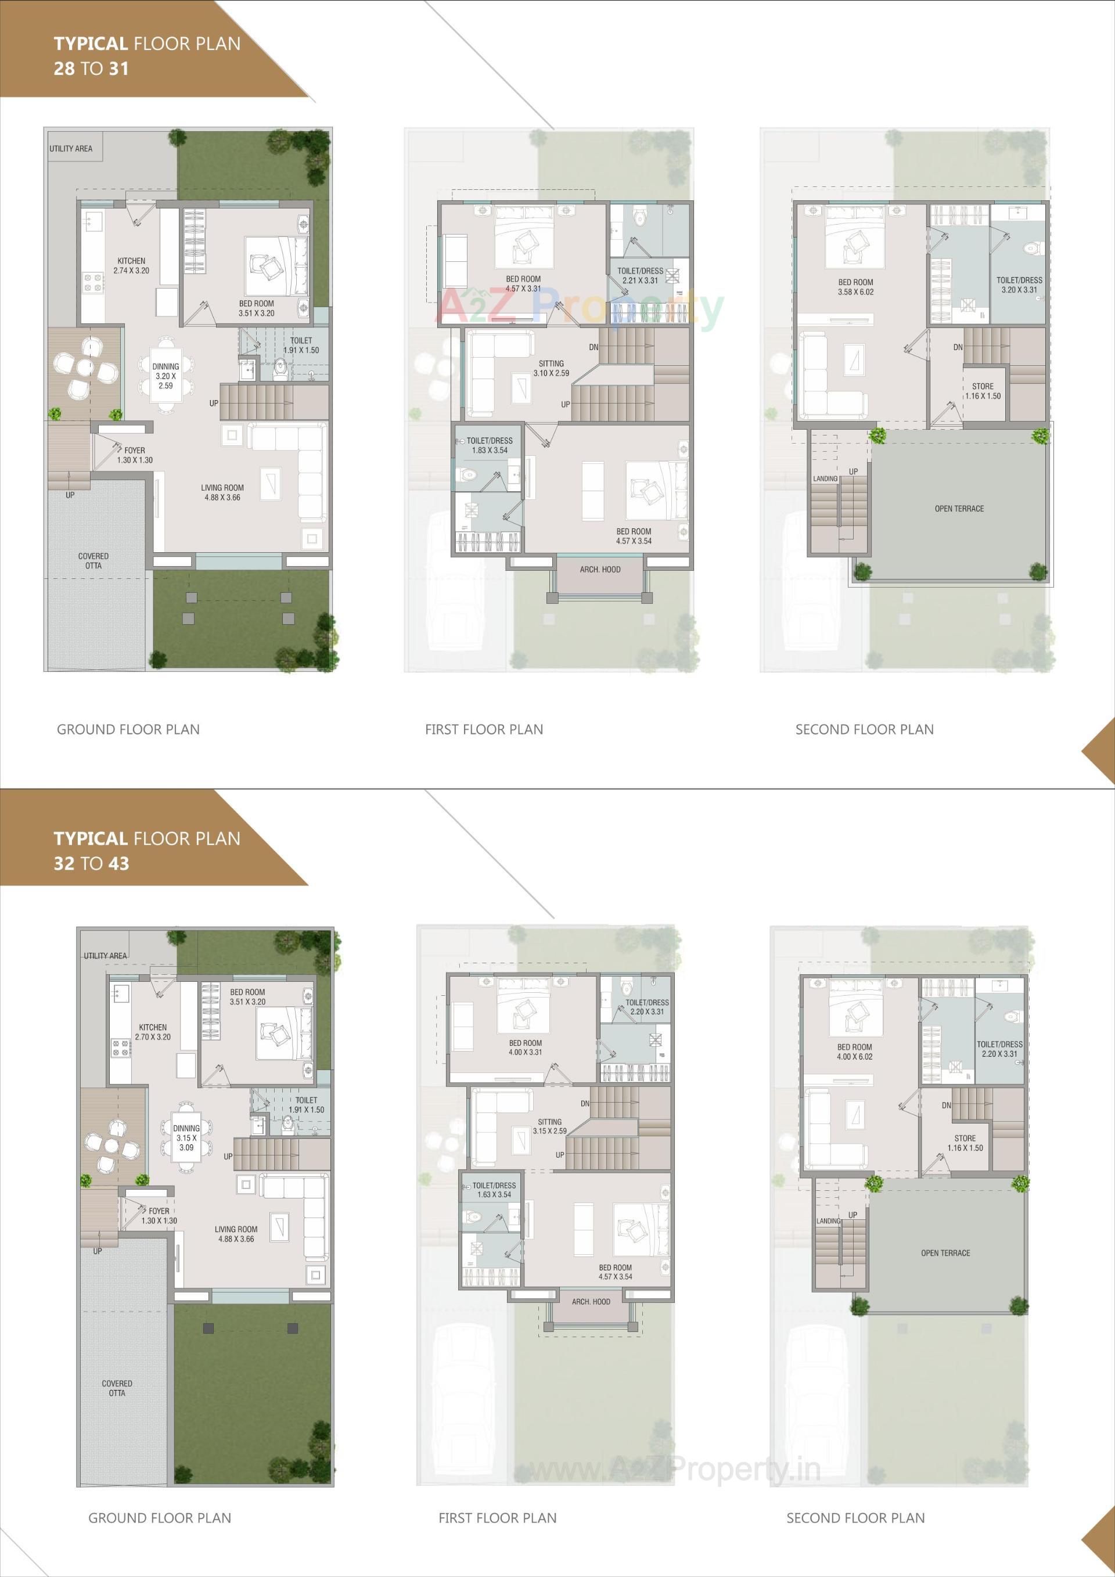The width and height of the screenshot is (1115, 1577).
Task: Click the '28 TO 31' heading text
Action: (91, 69)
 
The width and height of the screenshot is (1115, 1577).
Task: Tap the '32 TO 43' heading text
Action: (91, 863)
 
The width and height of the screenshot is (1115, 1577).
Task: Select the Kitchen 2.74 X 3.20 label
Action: (131, 266)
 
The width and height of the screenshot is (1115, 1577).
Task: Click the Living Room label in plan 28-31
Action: (223, 492)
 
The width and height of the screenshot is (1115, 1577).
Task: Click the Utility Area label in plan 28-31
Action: (71, 149)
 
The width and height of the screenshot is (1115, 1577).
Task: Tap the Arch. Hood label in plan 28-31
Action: (600, 570)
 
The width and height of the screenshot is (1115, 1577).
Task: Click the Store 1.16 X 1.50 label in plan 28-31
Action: (983, 391)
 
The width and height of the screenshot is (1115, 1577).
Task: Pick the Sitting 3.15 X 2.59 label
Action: (549, 1126)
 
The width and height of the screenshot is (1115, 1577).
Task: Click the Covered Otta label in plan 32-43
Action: (117, 1388)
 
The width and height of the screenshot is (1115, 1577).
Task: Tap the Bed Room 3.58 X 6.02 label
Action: (855, 287)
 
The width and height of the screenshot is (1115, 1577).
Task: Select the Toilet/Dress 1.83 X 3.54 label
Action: (490, 446)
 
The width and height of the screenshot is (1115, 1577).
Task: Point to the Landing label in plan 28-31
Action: (825, 478)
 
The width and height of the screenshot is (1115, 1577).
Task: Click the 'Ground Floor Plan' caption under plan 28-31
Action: (128, 729)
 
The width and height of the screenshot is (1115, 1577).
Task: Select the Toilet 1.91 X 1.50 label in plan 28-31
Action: (301, 345)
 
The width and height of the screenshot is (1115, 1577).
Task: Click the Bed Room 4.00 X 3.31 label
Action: (526, 1047)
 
